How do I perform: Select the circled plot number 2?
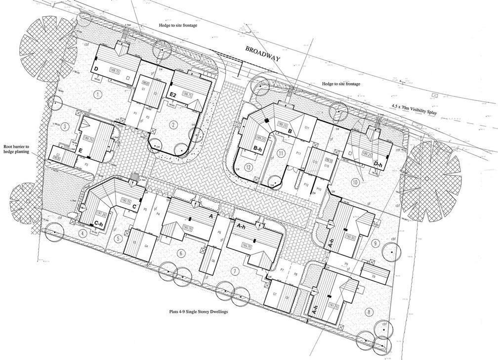click(x=173, y=125)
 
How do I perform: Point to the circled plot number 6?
click(x=181, y=254)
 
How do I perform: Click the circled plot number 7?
click(x=235, y=270)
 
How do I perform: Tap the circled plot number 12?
click(x=249, y=168)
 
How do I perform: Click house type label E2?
click(x=173, y=94)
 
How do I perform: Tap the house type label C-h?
click(x=99, y=225)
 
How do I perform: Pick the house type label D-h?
click(x=378, y=163)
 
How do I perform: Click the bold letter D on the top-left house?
click(x=95, y=68)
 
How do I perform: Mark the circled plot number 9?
click(x=376, y=243)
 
